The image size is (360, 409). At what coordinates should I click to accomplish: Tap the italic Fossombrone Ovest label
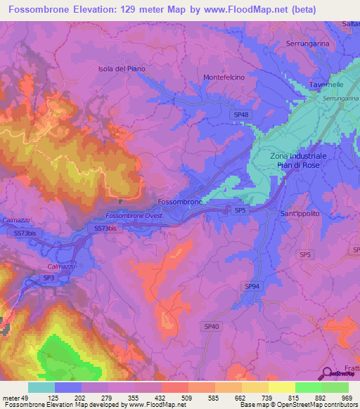coord(134,215)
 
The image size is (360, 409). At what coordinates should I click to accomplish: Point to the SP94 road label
coord(252,286)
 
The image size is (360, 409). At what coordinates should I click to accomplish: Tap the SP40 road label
coord(212,326)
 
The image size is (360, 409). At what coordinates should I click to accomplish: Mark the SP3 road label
coord(49,278)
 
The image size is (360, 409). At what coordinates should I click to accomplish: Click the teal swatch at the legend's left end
coord(41,387)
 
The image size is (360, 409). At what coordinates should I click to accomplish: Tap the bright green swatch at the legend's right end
coord(335,387)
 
